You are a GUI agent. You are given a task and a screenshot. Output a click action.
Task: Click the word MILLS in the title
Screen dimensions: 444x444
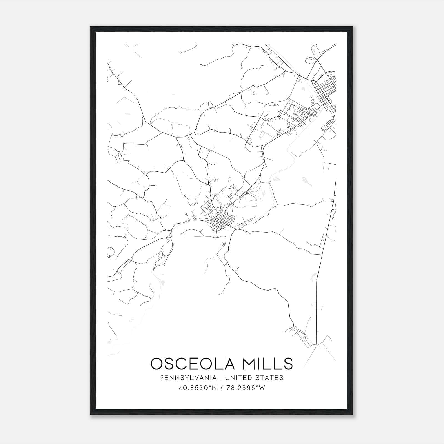tap(267, 364)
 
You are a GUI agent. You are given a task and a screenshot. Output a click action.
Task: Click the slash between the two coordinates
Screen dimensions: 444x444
tap(221, 388)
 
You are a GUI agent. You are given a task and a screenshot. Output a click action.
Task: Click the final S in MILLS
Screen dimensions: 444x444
tap(288, 364)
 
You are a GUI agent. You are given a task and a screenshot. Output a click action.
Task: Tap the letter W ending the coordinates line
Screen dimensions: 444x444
tap(262, 388)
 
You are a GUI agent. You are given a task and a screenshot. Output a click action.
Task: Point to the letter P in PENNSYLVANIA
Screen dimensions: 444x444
tap(162, 378)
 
